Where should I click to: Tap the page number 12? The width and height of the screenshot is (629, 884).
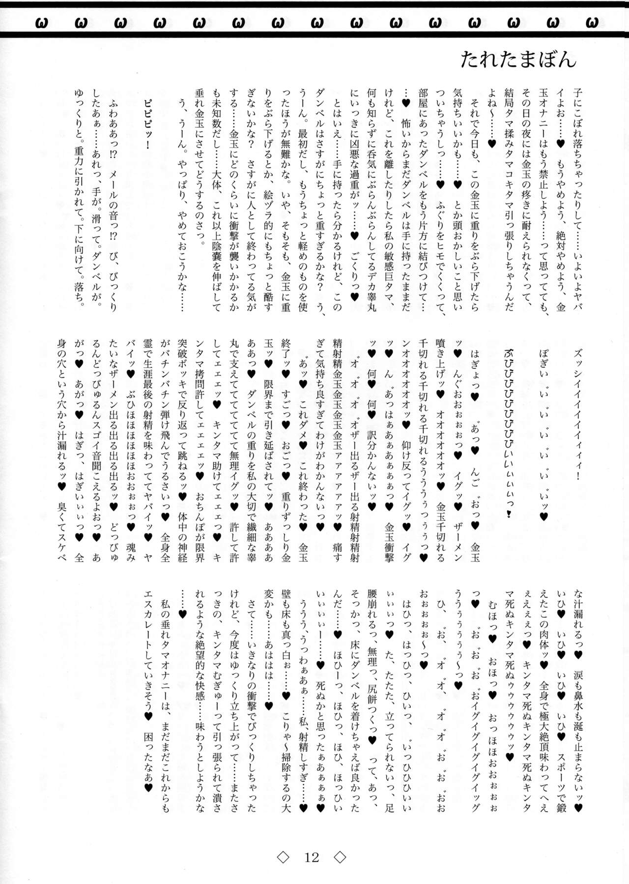click(x=312, y=858)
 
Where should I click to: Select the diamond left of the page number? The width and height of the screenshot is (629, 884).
click(x=283, y=858)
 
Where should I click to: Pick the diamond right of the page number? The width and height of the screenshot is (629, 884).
click(x=340, y=858)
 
